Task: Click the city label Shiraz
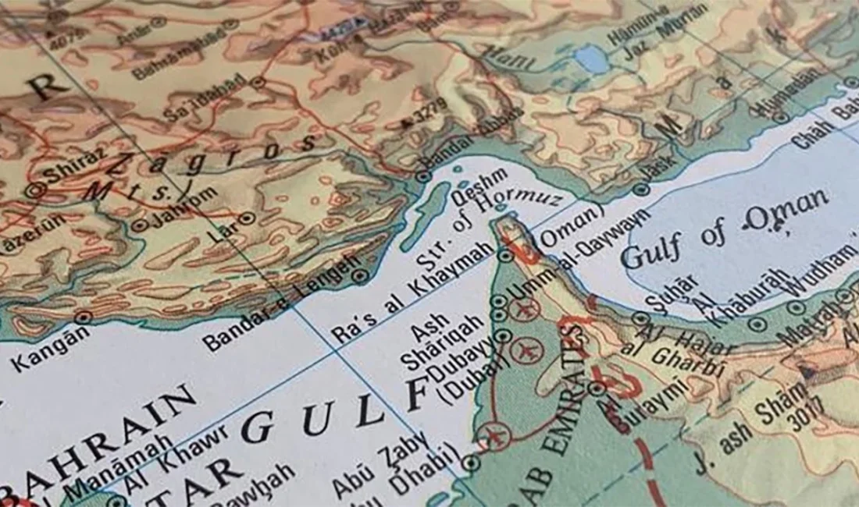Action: (x=74, y=166)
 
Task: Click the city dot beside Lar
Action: (x=246, y=218)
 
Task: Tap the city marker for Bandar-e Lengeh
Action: (x=359, y=275)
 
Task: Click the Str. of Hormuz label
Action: (x=488, y=226)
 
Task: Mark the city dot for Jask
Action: (x=642, y=190)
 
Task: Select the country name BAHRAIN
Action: (x=102, y=441)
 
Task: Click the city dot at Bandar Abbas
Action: (x=423, y=176)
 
